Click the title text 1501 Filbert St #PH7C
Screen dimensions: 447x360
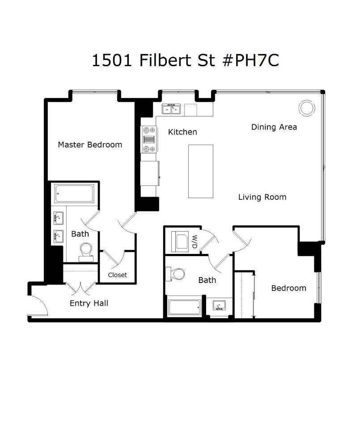click(185, 60)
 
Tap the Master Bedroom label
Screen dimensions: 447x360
click(90, 145)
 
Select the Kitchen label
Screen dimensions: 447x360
click(182, 132)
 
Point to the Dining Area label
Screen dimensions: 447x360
click(274, 127)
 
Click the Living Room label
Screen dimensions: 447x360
click(262, 197)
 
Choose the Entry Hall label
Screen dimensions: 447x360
click(89, 304)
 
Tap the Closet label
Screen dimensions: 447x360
click(117, 275)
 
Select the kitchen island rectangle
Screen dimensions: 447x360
click(200, 171)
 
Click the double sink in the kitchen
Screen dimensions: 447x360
click(171, 109)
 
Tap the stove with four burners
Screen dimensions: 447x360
click(148, 139)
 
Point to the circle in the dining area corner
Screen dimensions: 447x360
click(307, 108)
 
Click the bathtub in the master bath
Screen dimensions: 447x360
click(74, 194)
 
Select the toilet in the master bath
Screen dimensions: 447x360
click(85, 251)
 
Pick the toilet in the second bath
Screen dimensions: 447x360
click(176, 274)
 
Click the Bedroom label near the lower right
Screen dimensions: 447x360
click(288, 288)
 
